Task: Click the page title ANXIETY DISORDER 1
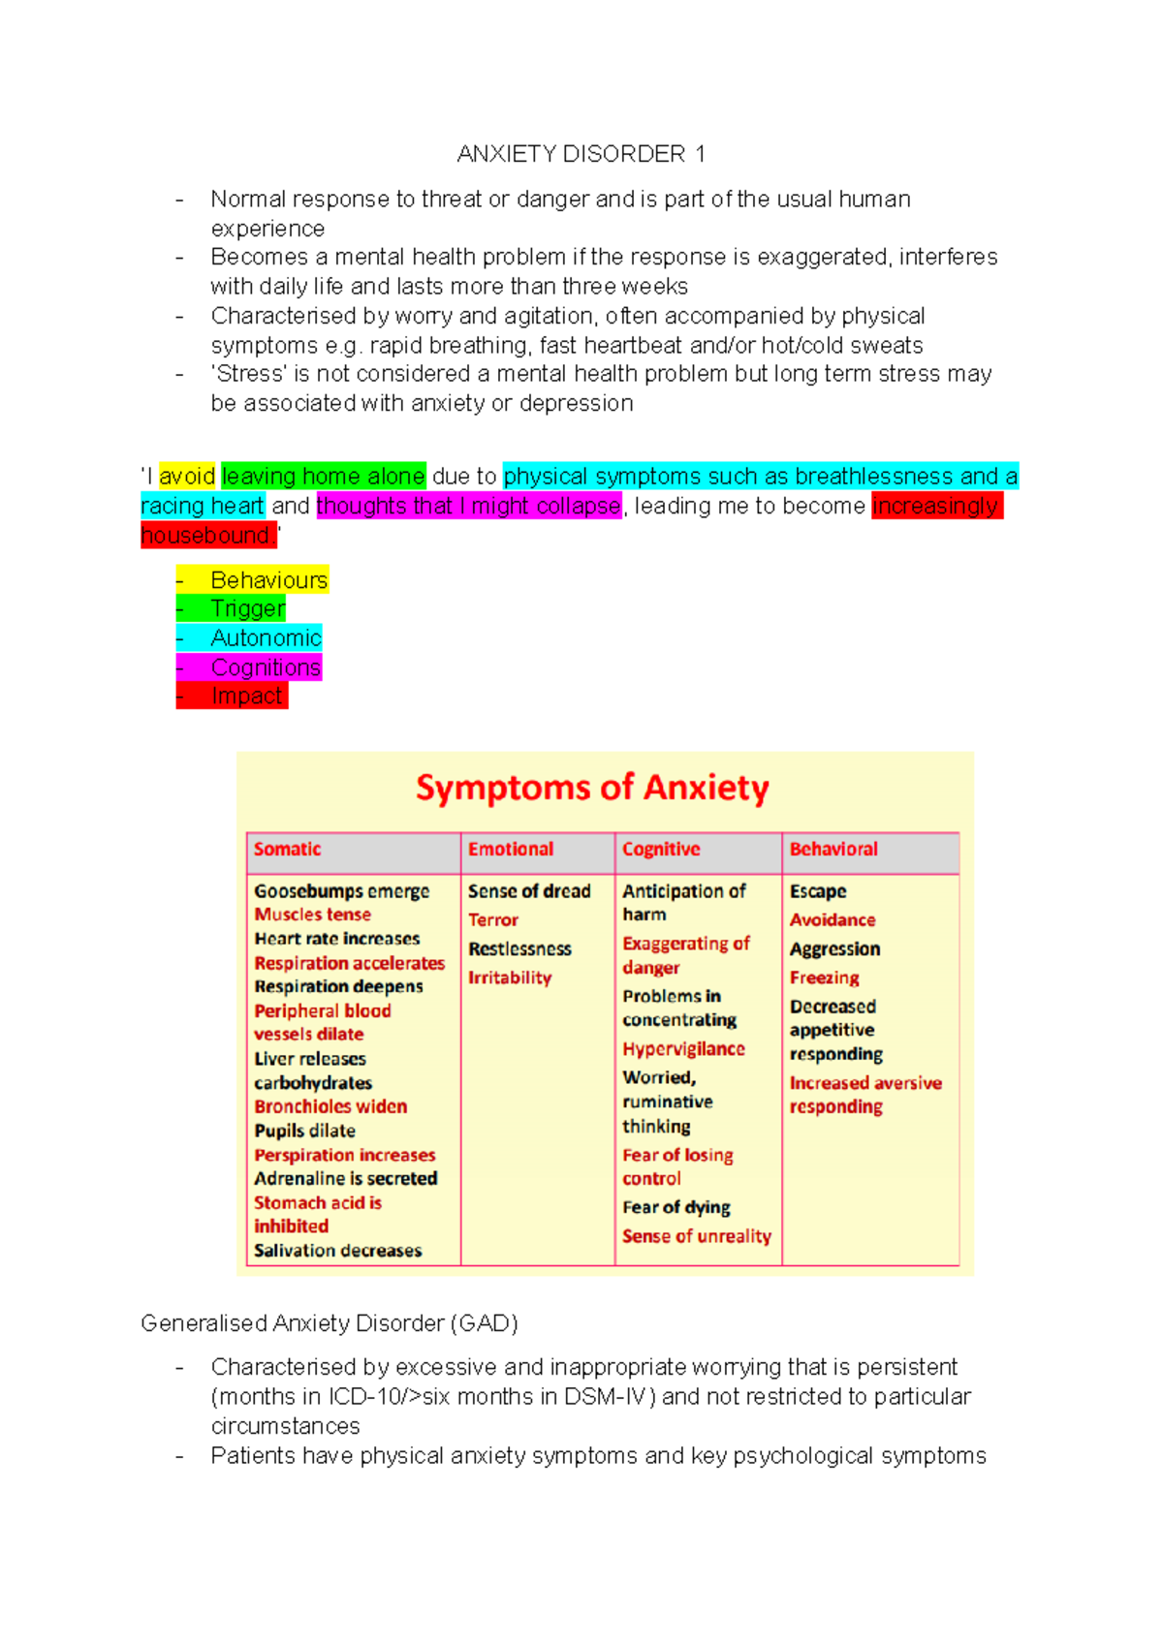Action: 581,154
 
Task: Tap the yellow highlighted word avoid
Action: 187,477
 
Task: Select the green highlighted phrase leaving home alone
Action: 323,477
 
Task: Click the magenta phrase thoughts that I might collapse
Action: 468,506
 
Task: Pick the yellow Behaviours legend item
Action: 268,580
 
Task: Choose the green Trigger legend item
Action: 247,608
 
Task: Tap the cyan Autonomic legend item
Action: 266,638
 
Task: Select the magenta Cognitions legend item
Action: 265,667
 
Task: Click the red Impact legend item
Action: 246,696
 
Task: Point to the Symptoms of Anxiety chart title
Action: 592,788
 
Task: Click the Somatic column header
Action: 287,850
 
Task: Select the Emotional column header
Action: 511,850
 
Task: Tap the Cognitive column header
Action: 661,850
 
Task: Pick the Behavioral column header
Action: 833,850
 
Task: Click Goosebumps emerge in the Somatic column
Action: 341,891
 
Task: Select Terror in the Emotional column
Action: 493,920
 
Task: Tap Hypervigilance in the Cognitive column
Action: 683,1049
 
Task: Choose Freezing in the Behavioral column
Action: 824,978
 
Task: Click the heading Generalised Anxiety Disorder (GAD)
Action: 330,1323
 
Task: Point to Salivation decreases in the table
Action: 337,1251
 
